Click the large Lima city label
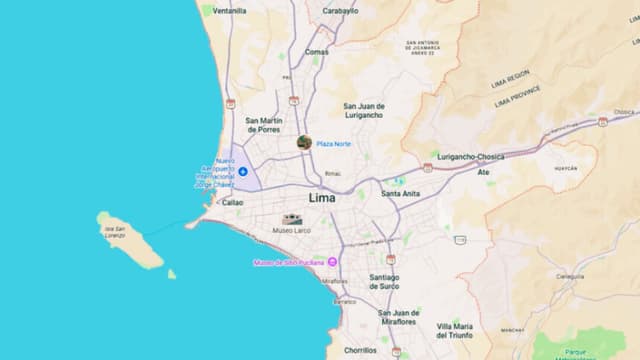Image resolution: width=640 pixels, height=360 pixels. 322,198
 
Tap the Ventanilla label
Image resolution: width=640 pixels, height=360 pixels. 229,11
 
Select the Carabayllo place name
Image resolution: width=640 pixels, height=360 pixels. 340,11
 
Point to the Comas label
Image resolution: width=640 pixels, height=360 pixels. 317,52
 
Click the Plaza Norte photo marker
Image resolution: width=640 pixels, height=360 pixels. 304,143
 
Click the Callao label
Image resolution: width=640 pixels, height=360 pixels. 232,202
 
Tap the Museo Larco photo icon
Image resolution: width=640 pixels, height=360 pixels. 293,219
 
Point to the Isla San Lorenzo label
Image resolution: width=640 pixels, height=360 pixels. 114,231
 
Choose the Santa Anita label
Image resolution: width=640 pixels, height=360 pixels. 399,193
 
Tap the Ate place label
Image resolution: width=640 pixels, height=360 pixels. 483,172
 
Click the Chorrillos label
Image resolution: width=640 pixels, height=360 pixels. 360,350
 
